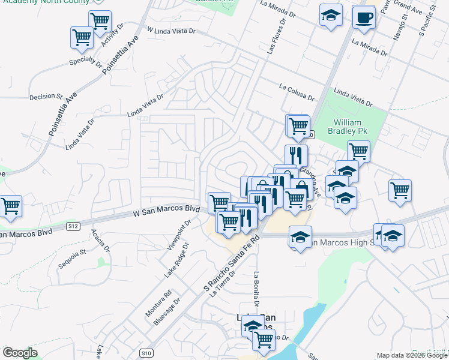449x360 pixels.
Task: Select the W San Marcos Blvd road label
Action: (166, 210)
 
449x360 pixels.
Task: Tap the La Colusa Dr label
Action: (297, 92)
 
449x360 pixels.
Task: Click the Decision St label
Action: (46, 96)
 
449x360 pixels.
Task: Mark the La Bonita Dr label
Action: (256, 290)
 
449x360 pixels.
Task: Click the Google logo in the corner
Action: (20, 353)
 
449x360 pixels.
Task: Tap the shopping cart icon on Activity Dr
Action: (100, 22)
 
